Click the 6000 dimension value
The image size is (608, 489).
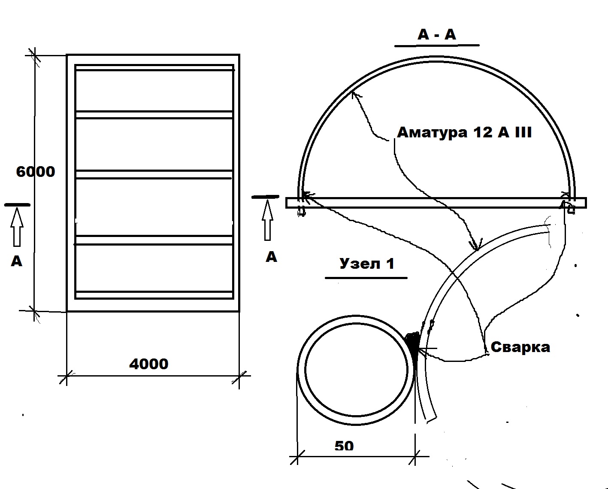[x=36, y=172]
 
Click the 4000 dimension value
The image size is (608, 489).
[x=148, y=364]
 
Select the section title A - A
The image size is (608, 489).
[x=436, y=34]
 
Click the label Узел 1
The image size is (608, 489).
[x=366, y=263]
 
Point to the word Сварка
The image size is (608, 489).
[x=520, y=347]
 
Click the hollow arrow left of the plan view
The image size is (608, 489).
[x=17, y=227]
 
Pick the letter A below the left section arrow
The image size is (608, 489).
[x=16, y=261]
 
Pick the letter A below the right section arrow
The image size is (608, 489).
[x=271, y=257]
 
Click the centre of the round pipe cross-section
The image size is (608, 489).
[x=356, y=371]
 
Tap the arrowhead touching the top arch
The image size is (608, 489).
[x=354, y=94]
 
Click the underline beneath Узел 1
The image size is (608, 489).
[x=366, y=278]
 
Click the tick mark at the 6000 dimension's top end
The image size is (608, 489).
[x=34, y=55]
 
